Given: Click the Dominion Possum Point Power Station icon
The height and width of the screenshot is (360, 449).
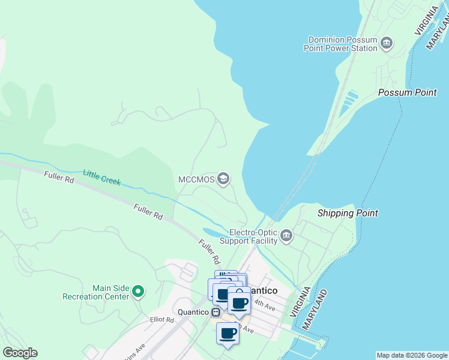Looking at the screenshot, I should [x=387, y=43].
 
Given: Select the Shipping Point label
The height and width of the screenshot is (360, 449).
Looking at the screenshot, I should [x=348, y=213].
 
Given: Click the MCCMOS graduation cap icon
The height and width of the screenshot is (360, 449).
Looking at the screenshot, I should [x=223, y=178].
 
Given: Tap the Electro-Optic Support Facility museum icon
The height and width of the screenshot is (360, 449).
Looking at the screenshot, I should [x=286, y=235].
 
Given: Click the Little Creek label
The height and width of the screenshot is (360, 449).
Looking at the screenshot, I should [x=101, y=177].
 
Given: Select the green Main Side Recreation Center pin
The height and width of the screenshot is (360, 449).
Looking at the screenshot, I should [x=138, y=292].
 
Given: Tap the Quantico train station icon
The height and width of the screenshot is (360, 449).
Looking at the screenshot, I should [x=215, y=312].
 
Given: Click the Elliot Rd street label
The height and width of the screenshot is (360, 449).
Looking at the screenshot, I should [x=161, y=320].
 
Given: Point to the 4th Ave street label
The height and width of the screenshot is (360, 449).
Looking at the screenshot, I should [x=264, y=305].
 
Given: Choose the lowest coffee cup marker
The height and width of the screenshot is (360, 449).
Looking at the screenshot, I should [x=228, y=333].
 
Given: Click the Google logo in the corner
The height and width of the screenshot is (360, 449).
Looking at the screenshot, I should [x=20, y=353].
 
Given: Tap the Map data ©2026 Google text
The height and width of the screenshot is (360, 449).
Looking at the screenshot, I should [x=412, y=355].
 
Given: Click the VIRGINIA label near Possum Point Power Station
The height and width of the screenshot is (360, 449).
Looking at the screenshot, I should [x=424, y=21].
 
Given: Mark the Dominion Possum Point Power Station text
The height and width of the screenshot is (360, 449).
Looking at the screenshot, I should [x=342, y=44].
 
